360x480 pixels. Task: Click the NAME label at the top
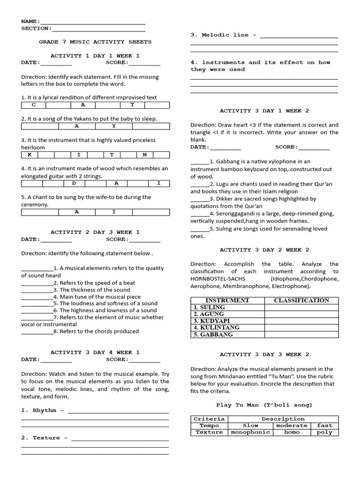click(x=30, y=22)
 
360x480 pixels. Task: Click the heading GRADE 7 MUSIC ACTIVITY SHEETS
click(x=95, y=42)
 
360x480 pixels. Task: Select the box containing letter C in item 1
click(x=33, y=105)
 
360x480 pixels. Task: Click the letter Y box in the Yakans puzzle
click(x=113, y=126)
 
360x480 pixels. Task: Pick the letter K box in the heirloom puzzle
click(x=29, y=154)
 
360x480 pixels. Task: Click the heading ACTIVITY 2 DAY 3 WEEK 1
click(x=95, y=232)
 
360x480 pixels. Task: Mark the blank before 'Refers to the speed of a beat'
click(x=37, y=283)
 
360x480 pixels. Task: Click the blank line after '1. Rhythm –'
click(x=118, y=411)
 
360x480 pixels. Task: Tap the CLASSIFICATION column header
click(x=301, y=300)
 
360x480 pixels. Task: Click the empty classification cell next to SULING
click(x=301, y=307)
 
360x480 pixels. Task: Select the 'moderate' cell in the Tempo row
click(x=292, y=426)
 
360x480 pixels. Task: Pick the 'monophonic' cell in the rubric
click(x=251, y=432)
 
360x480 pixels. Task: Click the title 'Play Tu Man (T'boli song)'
click(x=264, y=405)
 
